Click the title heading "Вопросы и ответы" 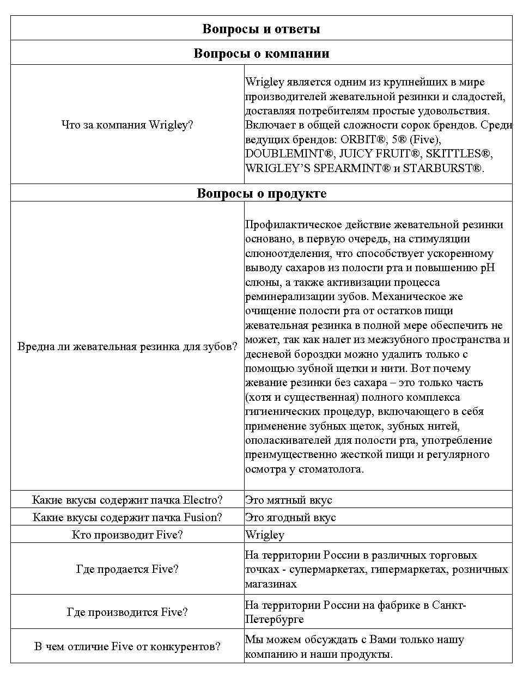261,29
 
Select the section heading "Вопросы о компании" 261,53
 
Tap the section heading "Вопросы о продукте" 261,194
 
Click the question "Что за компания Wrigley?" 127,125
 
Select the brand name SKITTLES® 459,154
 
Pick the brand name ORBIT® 363,139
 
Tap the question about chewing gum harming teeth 127,346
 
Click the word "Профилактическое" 291,224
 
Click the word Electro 202,500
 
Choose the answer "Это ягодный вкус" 290,517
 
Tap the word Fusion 203,517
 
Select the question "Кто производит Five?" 127,535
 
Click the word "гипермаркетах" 399,569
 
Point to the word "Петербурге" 274,619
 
